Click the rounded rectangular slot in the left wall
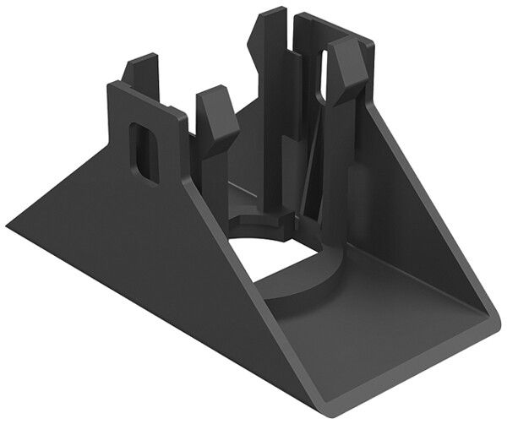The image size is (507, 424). pyautogui.click(x=146, y=152)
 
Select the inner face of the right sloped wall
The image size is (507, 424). pyautogui.click(x=414, y=228)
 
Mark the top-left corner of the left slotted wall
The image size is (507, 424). pyautogui.click(x=110, y=84)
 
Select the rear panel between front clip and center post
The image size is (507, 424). pyautogui.click(x=241, y=152)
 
